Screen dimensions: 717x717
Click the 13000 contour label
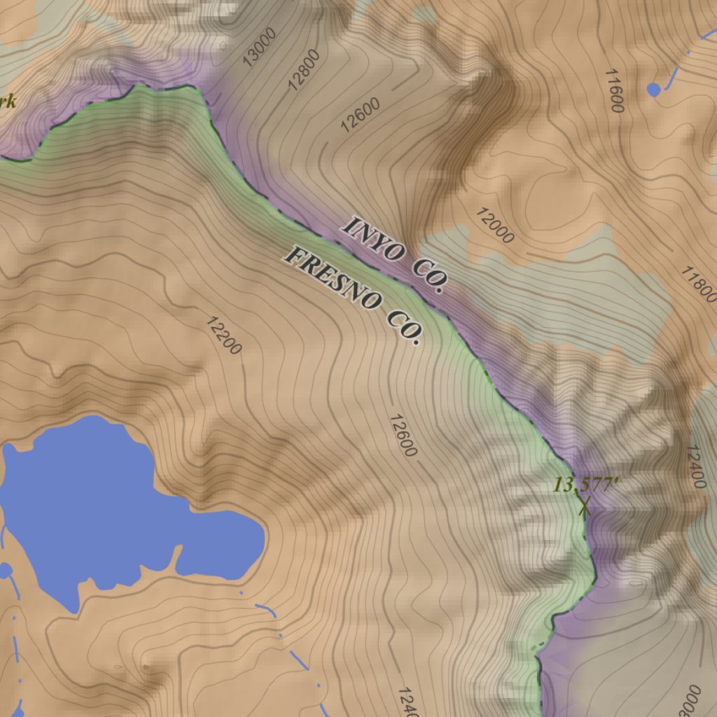tap(260, 47)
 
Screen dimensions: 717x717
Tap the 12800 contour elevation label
tap(304, 70)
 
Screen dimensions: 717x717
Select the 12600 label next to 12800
tap(360, 115)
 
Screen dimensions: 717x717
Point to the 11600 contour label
tap(614, 90)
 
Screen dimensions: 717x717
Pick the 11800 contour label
tap(698, 284)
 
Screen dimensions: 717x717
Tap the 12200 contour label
tap(224, 335)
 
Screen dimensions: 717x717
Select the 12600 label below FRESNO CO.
tap(403, 436)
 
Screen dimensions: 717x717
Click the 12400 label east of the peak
tap(696, 466)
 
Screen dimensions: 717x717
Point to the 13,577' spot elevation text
tap(577, 485)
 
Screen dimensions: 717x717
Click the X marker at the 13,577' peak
tap(584, 506)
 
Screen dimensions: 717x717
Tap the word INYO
tap(373, 239)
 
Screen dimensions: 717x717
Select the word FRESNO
tap(333, 282)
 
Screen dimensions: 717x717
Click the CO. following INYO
tap(429, 277)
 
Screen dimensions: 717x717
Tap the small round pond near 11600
tap(654, 89)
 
